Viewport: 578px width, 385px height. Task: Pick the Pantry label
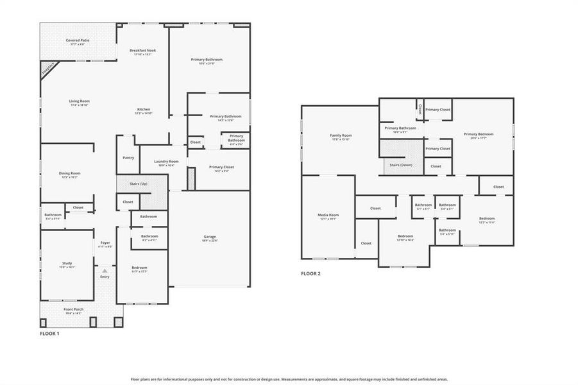click(x=128, y=157)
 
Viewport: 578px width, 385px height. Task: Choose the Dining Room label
click(x=70, y=174)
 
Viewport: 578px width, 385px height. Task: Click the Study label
click(x=67, y=264)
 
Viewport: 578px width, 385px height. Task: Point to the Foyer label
click(x=105, y=244)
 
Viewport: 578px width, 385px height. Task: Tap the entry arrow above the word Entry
click(x=105, y=271)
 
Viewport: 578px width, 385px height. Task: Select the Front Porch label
click(x=73, y=311)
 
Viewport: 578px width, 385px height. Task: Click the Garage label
click(x=210, y=238)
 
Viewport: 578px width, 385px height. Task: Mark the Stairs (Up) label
click(x=139, y=184)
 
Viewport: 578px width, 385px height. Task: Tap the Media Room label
click(x=328, y=216)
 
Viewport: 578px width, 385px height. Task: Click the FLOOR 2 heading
click(x=310, y=273)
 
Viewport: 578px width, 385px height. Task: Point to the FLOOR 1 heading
click(x=49, y=334)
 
